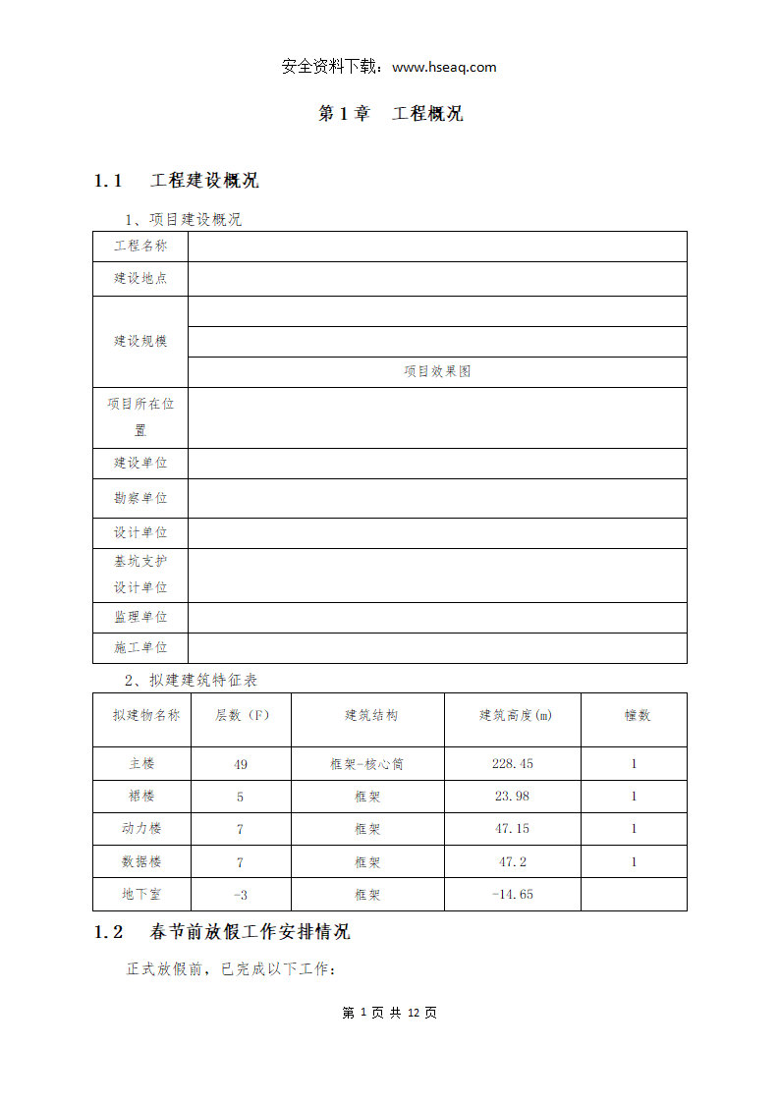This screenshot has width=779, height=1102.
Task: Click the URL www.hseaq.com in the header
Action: coord(444,68)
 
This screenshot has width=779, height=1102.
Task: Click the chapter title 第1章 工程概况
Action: coord(390,114)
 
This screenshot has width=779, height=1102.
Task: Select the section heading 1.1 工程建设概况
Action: coord(177,181)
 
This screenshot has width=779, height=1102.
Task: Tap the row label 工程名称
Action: coord(140,247)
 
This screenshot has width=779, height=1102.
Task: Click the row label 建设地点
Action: coord(140,279)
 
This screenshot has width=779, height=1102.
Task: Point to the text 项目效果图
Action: coord(437,371)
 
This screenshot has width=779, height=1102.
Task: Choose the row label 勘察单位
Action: coord(140,498)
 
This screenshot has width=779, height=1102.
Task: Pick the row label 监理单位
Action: coord(140,618)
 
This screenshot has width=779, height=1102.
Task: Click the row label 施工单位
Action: coord(140,648)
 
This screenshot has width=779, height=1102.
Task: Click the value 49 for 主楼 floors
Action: coord(241,764)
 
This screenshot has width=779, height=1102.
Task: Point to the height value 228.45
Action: coord(513,764)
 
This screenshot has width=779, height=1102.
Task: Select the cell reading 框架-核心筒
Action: coord(367,764)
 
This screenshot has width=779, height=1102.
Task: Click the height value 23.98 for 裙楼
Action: coord(513,797)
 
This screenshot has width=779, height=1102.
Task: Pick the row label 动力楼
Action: coord(141,829)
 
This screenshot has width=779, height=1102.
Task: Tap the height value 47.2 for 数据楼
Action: coord(513,862)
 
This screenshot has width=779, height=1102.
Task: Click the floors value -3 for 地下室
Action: coord(241,895)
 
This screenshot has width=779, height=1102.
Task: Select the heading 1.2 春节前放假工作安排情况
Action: coord(222,932)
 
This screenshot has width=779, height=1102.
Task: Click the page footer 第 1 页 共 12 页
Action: coord(390,1013)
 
